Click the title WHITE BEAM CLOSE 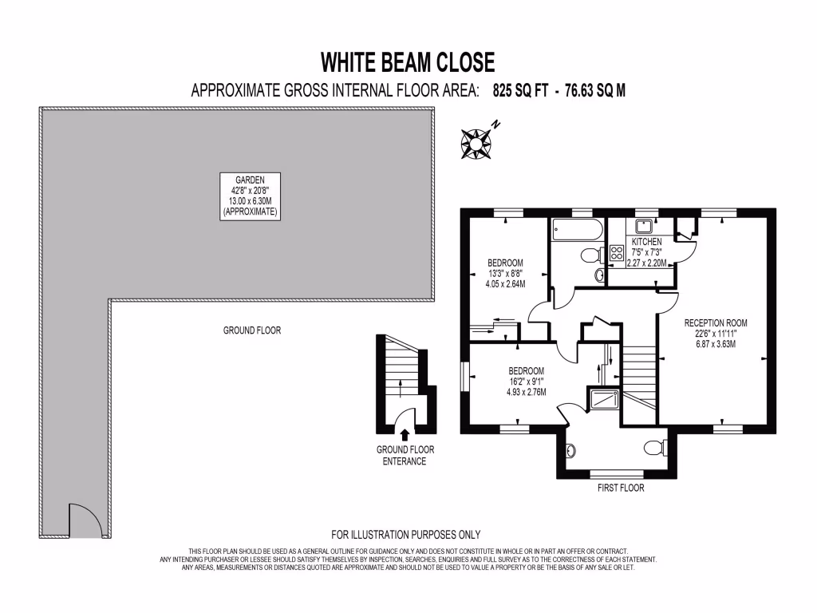tap(408, 61)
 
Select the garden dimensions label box tap(251, 196)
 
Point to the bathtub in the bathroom tap(575, 229)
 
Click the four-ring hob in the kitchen tap(618, 255)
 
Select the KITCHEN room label tap(646, 241)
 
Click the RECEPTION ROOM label tap(716, 322)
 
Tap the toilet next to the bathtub tap(591, 256)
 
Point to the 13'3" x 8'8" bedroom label tap(505, 272)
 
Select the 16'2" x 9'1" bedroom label tap(526, 382)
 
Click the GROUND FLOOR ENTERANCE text tap(405, 455)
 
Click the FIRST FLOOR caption tap(620, 488)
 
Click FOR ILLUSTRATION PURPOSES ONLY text tap(405, 535)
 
